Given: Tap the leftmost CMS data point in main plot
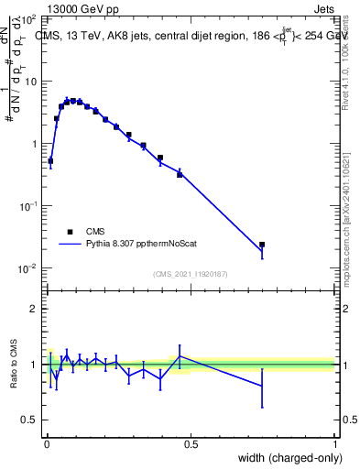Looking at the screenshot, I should (50, 160).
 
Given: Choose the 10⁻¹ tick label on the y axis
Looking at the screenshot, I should (27, 206).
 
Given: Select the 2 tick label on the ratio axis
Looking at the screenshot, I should (35, 309).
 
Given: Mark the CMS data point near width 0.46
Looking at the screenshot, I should (180, 173).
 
